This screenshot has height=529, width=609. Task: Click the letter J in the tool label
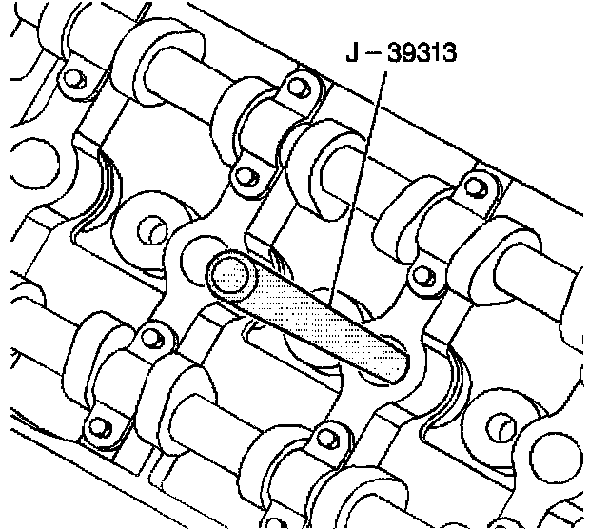click(353, 52)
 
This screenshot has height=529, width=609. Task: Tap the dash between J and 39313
click(374, 53)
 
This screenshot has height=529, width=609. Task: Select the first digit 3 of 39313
click(396, 52)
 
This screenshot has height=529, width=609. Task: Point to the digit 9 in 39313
click(409, 52)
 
